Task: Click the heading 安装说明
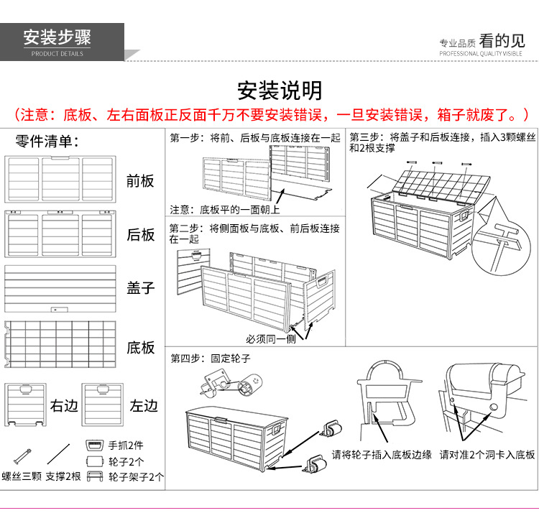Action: pyautogui.click(x=280, y=91)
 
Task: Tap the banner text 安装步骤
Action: pyautogui.click(x=57, y=37)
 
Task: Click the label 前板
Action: pyautogui.click(x=140, y=180)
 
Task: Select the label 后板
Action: pyautogui.click(x=140, y=234)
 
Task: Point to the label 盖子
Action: pyautogui.click(x=140, y=287)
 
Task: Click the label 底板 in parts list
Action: pyautogui.click(x=140, y=348)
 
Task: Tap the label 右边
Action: pyautogui.click(x=63, y=406)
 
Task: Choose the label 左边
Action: pyautogui.click(x=143, y=406)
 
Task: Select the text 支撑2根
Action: pyautogui.click(x=63, y=476)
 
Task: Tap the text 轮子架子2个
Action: pyautogui.click(x=136, y=476)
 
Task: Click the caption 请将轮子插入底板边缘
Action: pyautogui.click(x=382, y=455)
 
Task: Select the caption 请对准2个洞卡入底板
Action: pyautogui.click(x=487, y=455)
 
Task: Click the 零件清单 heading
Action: pyautogui.click(x=47, y=141)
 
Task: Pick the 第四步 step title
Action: pyautogui.click(x=210, y=358)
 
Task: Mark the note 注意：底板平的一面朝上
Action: pyautogui.click(x=224, y=209)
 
